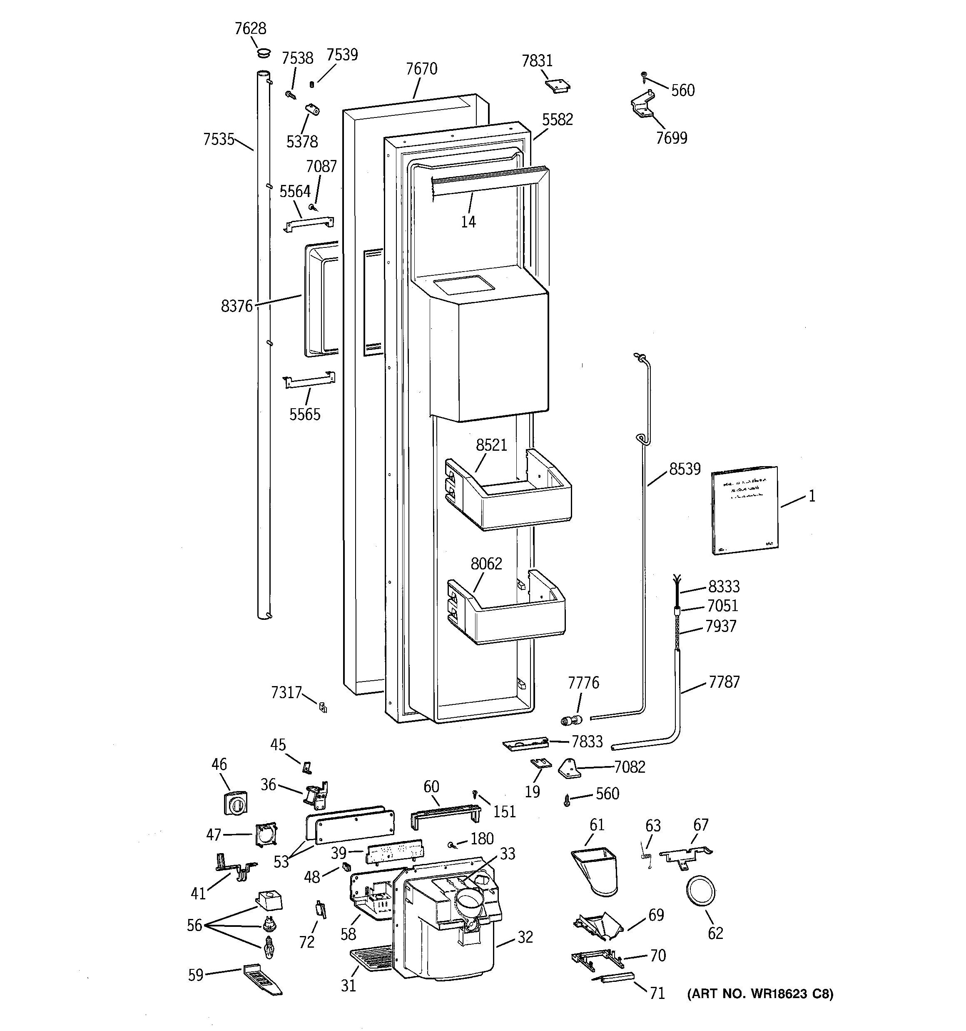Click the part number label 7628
250,28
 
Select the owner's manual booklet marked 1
744,510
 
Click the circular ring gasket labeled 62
700,892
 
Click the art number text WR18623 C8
760,994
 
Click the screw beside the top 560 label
645,76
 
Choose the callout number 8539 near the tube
685,469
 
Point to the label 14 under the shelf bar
468,222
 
